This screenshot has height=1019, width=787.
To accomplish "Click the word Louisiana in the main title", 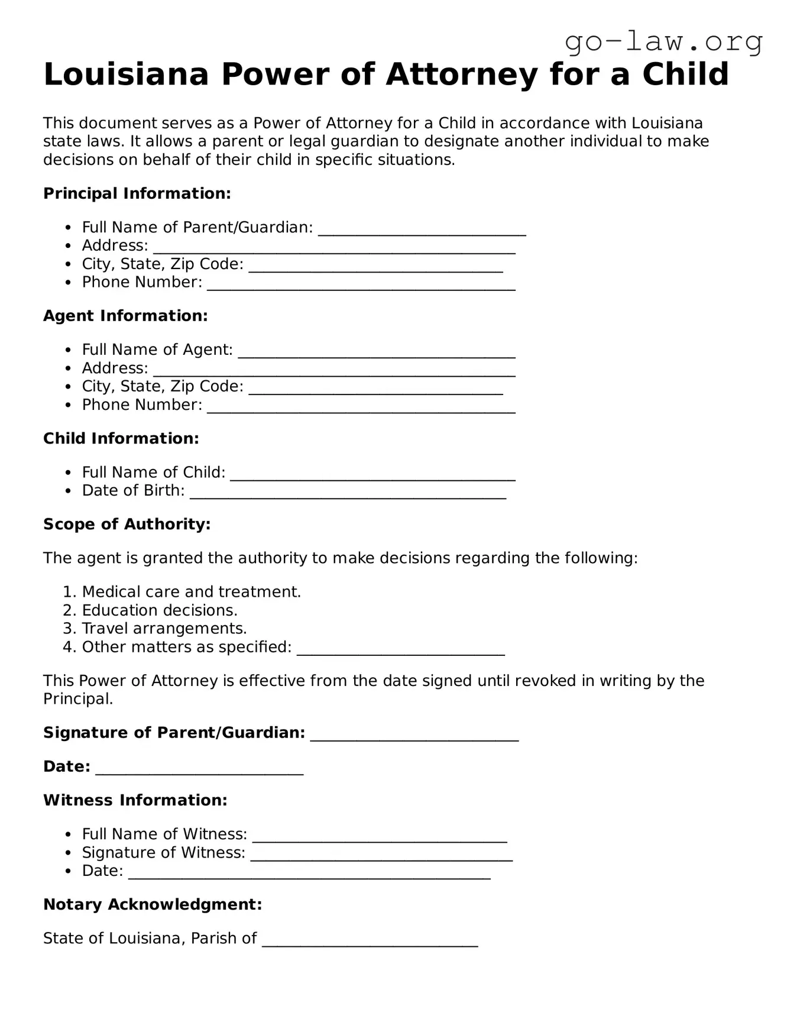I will coord(127,75).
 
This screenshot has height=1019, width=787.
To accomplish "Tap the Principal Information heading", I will coord(137,193).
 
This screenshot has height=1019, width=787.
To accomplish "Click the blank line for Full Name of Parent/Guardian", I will coord(422,229).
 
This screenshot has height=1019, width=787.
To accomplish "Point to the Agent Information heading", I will coord(125,316).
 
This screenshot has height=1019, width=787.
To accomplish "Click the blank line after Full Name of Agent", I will coord(377,352).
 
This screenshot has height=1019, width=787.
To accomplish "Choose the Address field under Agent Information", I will coord(334,370).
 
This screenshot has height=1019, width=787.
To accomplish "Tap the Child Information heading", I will coord(121,438).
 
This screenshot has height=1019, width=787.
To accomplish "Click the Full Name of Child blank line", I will coord(373,474).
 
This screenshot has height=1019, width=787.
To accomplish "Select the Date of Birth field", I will coord(348,493).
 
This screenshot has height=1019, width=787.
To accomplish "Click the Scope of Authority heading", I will coord(127,524).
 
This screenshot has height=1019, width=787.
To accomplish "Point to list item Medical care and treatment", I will coord(191,592).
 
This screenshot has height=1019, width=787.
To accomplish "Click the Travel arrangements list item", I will coord(164,628).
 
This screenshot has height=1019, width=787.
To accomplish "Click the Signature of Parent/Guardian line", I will coord(414,735).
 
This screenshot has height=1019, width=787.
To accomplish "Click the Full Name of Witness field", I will coord(379,836).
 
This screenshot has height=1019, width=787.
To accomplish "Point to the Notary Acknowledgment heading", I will coord(152,904).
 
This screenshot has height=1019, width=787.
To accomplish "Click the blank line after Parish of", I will coord(370,940).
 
